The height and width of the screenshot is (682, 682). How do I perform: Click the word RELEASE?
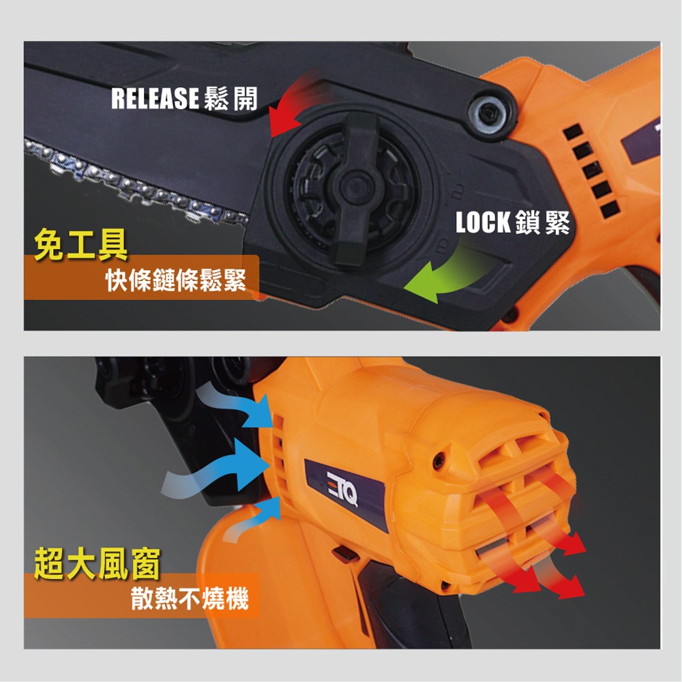click(155, 98)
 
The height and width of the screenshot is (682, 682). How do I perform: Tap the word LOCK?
click(482, 222)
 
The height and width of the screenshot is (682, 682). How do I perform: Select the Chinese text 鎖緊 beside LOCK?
click(542, 222)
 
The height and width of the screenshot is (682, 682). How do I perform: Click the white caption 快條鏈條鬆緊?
click(176, 280)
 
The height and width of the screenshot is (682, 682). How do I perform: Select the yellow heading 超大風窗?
click(97, 563)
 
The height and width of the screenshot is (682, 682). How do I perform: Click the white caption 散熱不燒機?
click(190, 598)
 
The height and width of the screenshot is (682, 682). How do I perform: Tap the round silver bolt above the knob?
click(488, 114)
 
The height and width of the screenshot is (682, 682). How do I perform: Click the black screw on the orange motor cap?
click(439, 459)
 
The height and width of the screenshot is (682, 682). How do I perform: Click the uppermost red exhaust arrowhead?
click(574, 542)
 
